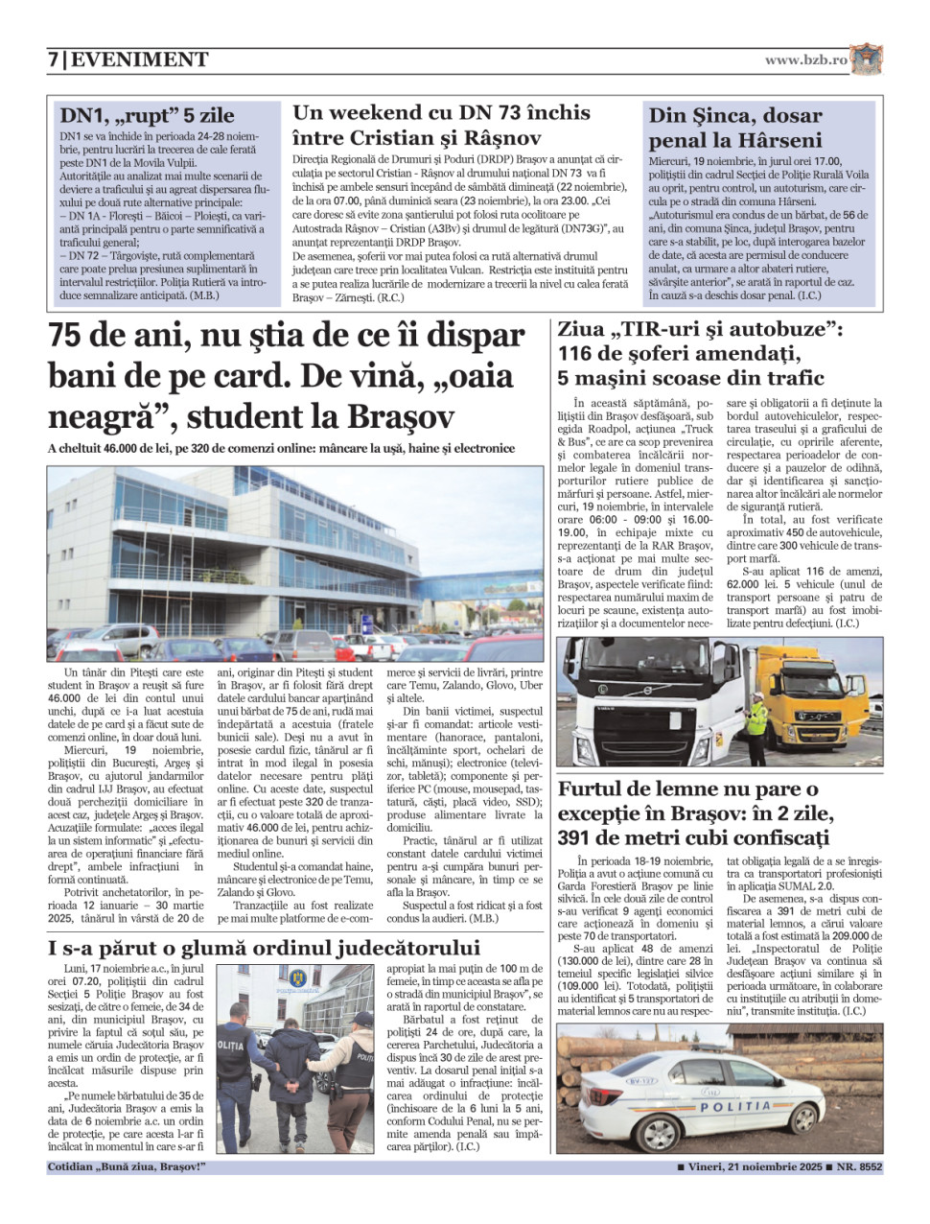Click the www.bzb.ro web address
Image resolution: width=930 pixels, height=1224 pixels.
805,59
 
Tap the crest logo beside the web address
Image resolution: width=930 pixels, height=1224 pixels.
866,59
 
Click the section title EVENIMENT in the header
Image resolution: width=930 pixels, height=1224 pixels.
140,60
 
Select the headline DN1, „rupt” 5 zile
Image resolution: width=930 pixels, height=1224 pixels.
147,116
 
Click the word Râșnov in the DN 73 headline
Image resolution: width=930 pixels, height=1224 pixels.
500,137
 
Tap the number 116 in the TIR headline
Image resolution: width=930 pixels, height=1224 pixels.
578,353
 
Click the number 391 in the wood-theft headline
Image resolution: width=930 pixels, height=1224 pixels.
578,836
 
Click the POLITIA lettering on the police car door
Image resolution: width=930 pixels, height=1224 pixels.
736,1106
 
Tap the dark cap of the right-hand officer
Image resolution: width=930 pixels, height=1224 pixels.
361,1019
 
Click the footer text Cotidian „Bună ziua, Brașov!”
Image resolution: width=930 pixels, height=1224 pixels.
127,1167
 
